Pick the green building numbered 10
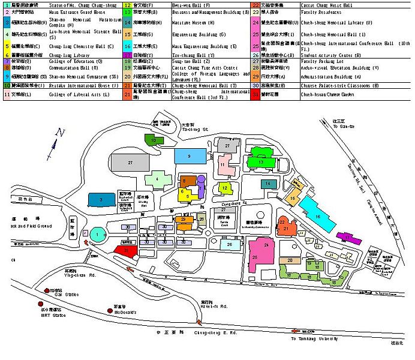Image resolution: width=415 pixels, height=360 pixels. tap(154, 140)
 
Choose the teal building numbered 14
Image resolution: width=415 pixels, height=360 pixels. tap(269, 184)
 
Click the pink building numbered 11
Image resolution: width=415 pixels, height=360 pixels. tap(225, 166)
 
